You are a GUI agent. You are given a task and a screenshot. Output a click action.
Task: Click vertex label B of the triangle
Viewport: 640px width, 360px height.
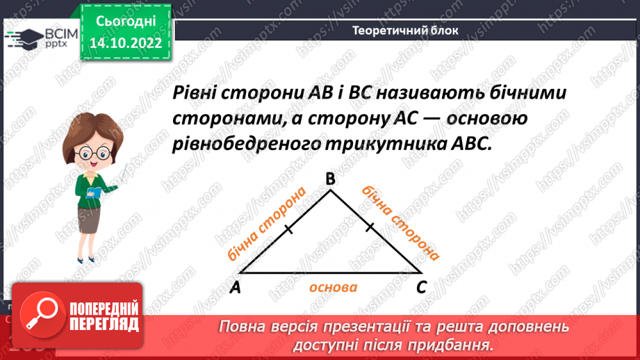pos(330,180)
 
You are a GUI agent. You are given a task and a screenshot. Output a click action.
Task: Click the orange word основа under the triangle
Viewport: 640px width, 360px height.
pos(334,287)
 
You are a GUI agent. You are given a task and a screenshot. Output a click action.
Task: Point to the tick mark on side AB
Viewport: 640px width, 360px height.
pos(285,228)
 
